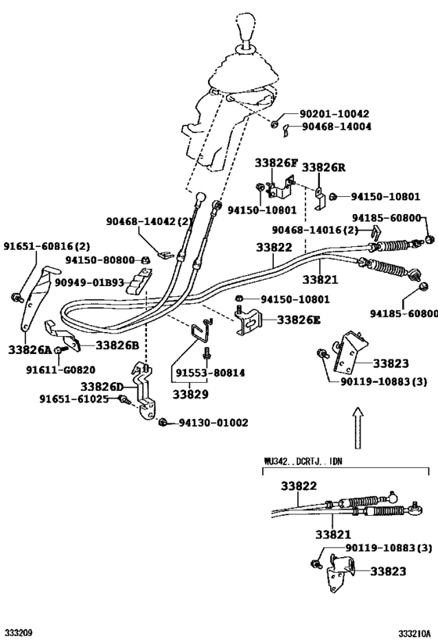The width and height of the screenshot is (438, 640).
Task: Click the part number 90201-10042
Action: tap(336, 113)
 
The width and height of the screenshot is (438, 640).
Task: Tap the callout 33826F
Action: tap(275, 163)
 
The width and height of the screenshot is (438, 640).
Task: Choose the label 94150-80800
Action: tap(100, 259)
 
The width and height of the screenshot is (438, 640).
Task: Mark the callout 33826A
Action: tap(29, 349)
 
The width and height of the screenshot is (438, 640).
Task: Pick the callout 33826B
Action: tap(117, 345)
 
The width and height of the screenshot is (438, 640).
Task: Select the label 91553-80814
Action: tap(210, 374)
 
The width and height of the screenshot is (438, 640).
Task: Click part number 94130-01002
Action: tap(214, 423)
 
